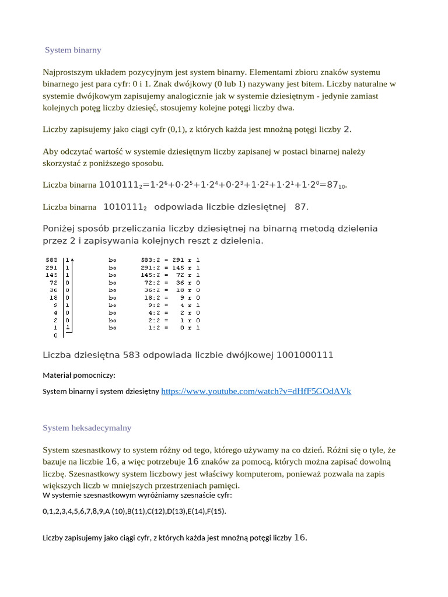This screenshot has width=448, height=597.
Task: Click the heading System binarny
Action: [73, 50]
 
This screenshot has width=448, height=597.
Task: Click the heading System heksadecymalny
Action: [87, 428]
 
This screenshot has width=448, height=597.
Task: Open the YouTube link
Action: [256, 391]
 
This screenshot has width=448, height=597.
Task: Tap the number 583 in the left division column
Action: [51, 259]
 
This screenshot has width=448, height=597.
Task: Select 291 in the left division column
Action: [51, 267]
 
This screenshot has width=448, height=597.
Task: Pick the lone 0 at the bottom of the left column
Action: [55, 335]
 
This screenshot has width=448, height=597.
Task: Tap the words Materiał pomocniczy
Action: [79, 375]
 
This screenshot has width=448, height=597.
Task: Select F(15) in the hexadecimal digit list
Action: [215, 511]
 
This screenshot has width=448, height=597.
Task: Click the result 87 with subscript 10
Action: [336, 185]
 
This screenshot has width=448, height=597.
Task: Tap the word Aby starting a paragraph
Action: [50, 152]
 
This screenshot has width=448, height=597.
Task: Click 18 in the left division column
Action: [53, 297]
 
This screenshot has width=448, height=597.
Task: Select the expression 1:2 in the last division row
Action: [155, 328]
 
